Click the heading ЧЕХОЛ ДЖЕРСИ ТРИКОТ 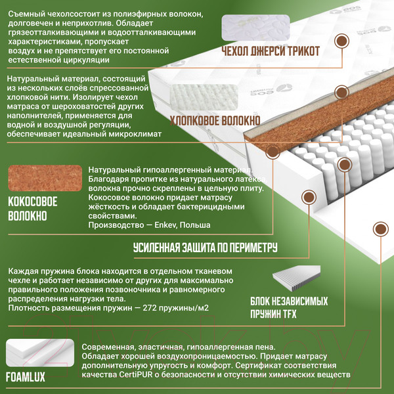(x=271, y=52)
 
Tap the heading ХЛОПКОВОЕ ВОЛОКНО (x=215, y=121)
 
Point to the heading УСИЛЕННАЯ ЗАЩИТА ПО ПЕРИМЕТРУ (x=205, y=248)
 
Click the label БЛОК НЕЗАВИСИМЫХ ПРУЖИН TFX (x=288, y=307)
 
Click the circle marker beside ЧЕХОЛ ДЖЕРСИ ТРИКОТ (x=341, y=42)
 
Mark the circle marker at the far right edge (x=380, y=229)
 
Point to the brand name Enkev (x=158, y=225)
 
